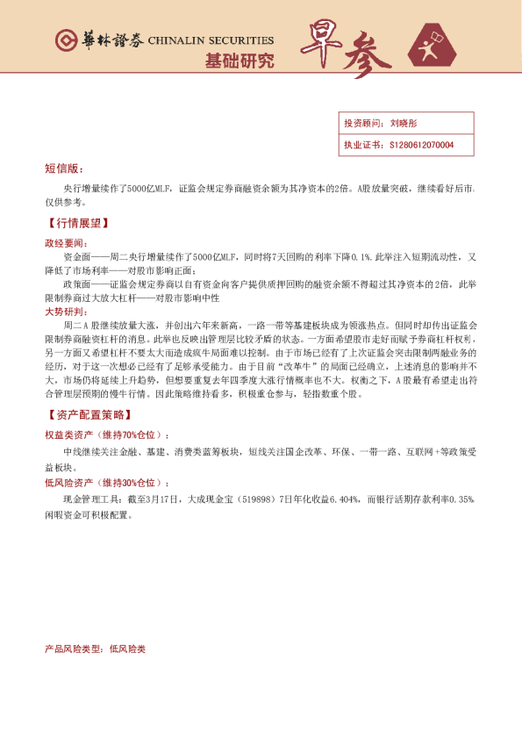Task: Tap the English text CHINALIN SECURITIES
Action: [x=211, y=40]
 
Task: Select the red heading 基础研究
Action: [x=239, y=61]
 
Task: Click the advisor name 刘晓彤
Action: [x=404, y=125]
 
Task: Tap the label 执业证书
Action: [x=361, y=144]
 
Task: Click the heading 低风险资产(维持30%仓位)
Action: [x=105, y=483]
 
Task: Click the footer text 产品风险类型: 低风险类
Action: [x=95, y=649]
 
